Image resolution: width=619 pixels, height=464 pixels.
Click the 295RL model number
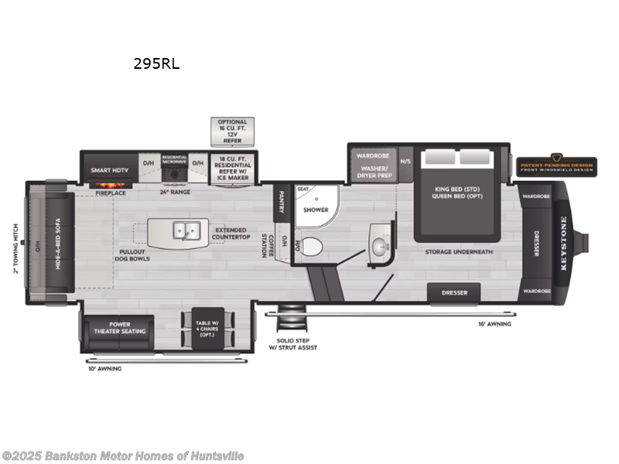(x=156, y=64)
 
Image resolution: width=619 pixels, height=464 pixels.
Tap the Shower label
(x=316, y=210)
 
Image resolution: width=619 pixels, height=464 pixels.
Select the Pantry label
(x=282, y=202)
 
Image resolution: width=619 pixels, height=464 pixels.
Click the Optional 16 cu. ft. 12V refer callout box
(x=232, y=131)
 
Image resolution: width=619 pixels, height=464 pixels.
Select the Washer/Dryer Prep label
(x=372, y=172)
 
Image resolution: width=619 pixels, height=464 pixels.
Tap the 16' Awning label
(x=494, y=324)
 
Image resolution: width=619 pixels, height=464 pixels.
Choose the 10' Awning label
(x=104, y=368)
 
